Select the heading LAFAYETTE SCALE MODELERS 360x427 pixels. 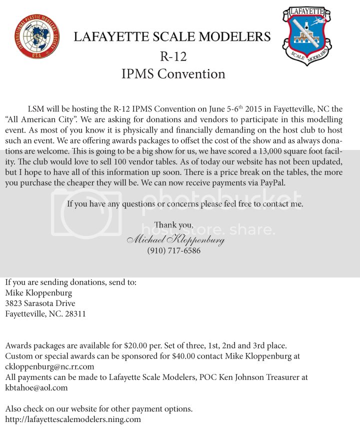coord(172,36)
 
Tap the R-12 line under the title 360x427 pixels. coord(173,56)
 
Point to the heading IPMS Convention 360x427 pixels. coord(173,74)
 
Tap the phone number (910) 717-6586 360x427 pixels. coord(173,251)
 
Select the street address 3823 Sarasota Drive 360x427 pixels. coord(40,303)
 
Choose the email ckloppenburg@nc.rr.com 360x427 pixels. coord(49,366)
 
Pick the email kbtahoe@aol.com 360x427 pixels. coord(36,387)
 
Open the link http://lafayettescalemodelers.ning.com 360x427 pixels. coord(73,419)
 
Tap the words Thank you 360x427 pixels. coord(173,225)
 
